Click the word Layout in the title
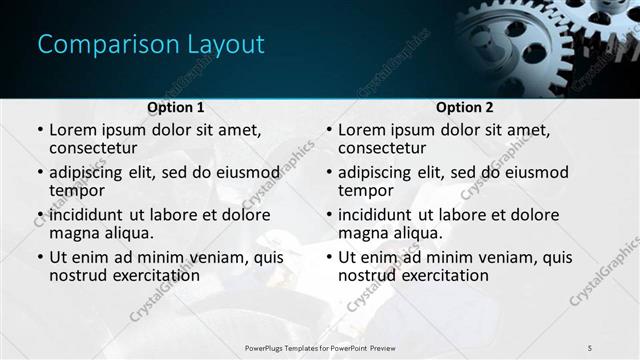(222, 45)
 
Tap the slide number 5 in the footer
(590, 347)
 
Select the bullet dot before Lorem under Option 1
(40, 130)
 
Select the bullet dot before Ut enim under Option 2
(329, 258)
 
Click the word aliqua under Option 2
(418, 233)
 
